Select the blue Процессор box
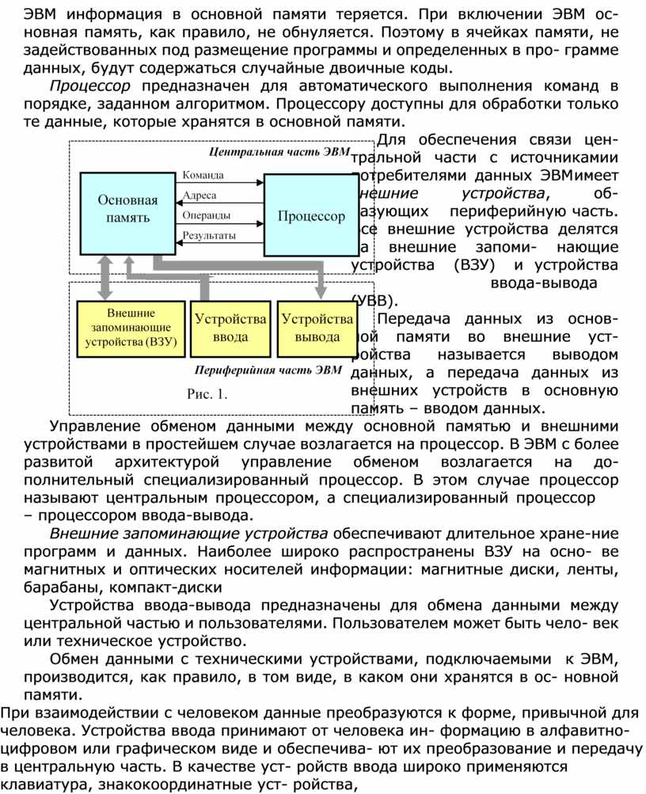click(310, 215)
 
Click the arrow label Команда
click(203, 175)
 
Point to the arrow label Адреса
click(199, 195)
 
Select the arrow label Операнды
click(207, 215)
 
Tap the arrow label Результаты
click(209, 236)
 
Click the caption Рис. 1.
click(207, 394)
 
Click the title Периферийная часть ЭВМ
click(268, 369)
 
